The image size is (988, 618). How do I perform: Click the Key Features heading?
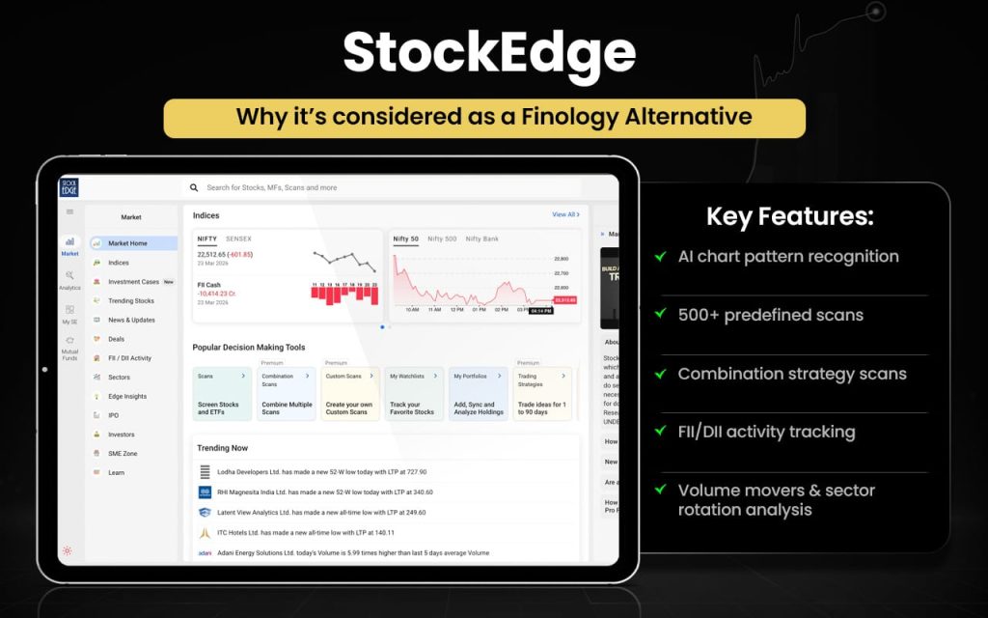tap(789, 216)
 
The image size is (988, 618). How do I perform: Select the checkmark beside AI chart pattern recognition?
tap(660, 257)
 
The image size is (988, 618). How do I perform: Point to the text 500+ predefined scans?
tap(770, 315)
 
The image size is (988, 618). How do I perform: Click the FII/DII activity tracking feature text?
tap(766, 432)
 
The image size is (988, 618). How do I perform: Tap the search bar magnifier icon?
tap(194, 188)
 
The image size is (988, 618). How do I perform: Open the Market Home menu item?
tap(127, 243)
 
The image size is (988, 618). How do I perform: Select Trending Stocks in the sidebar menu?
tap(130, 301)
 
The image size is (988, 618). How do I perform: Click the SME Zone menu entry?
tap(123, 454)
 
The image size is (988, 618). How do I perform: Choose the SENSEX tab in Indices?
tap(238, 239)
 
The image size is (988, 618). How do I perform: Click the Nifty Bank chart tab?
tap(481, 239)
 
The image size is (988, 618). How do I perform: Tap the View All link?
tap(565, 214)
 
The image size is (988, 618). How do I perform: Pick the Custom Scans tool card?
tap(348, 393)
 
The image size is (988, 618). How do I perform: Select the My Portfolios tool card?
tap(477, 393)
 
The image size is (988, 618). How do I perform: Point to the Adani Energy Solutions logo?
tap(205, 553)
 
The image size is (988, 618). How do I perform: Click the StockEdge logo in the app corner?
tap(69, 188)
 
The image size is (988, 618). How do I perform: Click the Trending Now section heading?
tap(222, 448)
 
